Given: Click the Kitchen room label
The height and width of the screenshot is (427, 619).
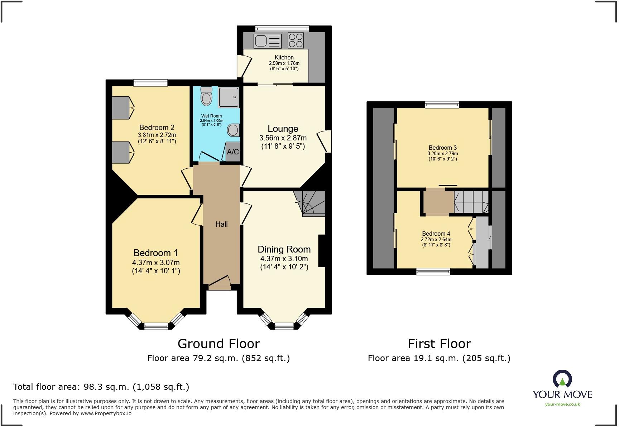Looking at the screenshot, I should coord(284,57).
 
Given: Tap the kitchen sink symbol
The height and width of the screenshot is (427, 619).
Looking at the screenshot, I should coord(267,40).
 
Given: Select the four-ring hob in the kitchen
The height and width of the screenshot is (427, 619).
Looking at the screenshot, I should coord(296,40).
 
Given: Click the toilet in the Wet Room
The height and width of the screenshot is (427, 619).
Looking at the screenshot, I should coord(206,96).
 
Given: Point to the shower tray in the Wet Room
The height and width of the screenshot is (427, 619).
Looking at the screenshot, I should coord(229,97).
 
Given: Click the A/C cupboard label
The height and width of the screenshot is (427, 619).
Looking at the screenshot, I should coord(233,152).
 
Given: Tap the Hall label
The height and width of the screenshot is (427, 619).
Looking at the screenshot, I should coord(221,224).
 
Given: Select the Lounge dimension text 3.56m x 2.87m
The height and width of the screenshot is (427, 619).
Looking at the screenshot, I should coord(283,138).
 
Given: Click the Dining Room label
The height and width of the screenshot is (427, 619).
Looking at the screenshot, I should coord(284,249).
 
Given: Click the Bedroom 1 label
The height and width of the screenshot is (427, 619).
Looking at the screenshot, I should coord(155,253).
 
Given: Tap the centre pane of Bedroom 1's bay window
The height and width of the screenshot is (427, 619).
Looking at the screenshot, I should coord(156,326).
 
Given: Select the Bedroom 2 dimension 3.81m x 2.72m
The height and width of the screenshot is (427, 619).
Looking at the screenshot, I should coord(157,135).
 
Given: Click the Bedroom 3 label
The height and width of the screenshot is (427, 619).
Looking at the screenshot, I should coord(443,148).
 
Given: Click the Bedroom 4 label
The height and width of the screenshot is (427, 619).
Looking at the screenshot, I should coord(436,234).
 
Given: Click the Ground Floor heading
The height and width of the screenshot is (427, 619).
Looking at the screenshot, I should coord(219,344).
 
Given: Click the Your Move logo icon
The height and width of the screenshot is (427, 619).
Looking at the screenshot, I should coord(562,379).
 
